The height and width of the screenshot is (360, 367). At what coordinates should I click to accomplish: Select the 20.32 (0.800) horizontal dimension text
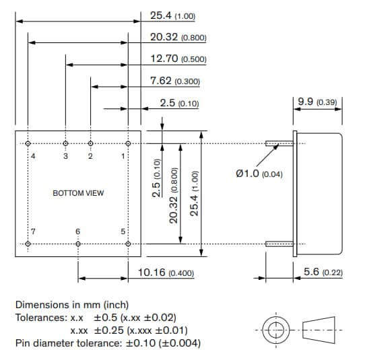[178, 38]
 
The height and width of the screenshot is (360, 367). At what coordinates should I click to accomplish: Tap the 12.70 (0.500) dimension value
[178, 59]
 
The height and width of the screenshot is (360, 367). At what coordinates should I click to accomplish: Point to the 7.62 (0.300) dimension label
[174, 81]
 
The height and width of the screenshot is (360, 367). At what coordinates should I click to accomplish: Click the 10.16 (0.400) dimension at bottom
[166, 273]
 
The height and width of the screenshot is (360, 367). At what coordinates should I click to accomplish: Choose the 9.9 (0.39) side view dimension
[319, 102]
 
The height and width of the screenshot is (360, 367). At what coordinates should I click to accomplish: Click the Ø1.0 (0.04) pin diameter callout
[259, 174]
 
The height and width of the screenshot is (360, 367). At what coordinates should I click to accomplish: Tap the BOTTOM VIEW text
[78, 193]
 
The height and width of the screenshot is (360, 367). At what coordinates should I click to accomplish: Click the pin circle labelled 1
[128, 143]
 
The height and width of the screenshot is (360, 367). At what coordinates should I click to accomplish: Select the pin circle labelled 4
[28, 143]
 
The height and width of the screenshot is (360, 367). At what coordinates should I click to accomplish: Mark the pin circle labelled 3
[65, 143]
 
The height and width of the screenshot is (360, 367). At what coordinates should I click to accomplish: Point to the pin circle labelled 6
[78, 243]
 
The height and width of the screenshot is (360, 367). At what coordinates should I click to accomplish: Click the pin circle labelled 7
[28, 243]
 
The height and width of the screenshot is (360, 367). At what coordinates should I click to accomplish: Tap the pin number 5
[123, 231]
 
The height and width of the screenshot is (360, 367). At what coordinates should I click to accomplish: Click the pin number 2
[90, 155]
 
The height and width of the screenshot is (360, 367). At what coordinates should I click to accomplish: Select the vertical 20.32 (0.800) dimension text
[174, 195]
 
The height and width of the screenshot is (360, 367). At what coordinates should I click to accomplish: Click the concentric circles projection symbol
[275, 330]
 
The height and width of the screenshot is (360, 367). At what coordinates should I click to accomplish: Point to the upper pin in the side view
[279, 143]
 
